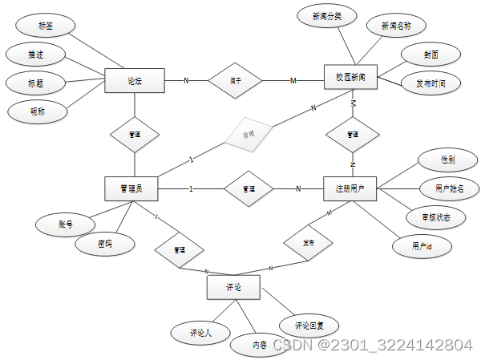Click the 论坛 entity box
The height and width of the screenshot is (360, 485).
point(135,80)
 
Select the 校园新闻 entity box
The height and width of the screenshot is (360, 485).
point(350,79)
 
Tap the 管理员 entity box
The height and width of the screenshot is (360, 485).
point(131,188)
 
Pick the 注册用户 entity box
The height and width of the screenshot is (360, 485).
point(350,189)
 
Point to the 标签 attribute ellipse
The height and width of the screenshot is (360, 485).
point(45,26)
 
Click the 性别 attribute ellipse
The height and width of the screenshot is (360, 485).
point(447,160)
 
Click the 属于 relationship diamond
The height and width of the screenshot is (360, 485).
point(236,80)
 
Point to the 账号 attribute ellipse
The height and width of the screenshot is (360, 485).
point(65,224)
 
